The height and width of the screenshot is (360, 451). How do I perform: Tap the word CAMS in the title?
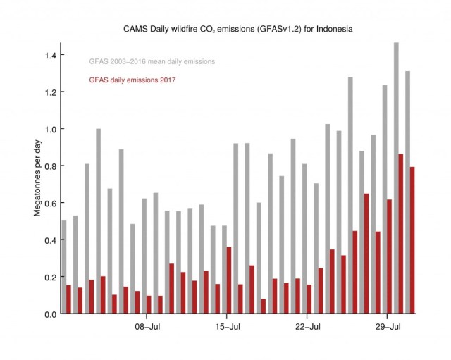136,30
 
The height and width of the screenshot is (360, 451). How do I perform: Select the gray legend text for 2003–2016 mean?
152,62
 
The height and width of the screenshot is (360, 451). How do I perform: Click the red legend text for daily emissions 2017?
132,80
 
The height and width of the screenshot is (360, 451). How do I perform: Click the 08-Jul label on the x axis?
149,327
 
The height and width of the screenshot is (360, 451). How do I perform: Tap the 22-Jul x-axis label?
308,327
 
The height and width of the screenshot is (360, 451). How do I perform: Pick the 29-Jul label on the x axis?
388,327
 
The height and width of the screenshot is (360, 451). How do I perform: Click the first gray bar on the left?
64,266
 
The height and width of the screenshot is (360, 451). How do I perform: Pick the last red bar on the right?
412,240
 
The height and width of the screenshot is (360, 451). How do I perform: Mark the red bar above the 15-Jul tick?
228,280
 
